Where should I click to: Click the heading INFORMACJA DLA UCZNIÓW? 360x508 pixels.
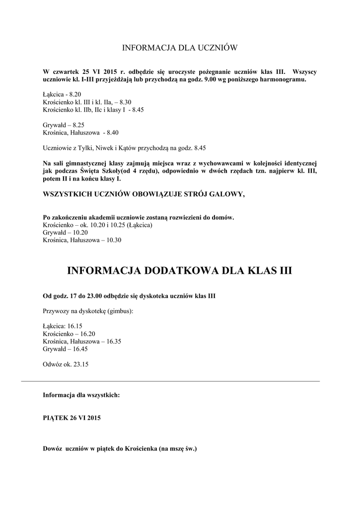(x=180, y=48)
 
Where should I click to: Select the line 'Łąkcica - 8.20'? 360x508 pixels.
(x=62, y=94)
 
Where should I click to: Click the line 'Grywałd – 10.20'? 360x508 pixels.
(x=66, y=232)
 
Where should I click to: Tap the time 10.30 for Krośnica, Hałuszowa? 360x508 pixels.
(x=113, y=240)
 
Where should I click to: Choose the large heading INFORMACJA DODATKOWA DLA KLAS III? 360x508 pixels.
(x=180, y=270)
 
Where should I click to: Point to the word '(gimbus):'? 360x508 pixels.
(x=120, y=311)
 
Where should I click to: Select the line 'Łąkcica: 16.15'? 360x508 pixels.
(x=63, y=326)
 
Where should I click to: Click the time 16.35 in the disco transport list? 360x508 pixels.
(x=114, y=341)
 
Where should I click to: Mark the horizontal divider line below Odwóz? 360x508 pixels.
(x=170, y=381)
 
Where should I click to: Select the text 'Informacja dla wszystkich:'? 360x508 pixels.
(x=81, y=395)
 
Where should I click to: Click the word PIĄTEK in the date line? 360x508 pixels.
(x=56, y=418)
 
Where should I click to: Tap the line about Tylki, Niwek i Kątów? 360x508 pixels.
(x=124, y=148)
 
